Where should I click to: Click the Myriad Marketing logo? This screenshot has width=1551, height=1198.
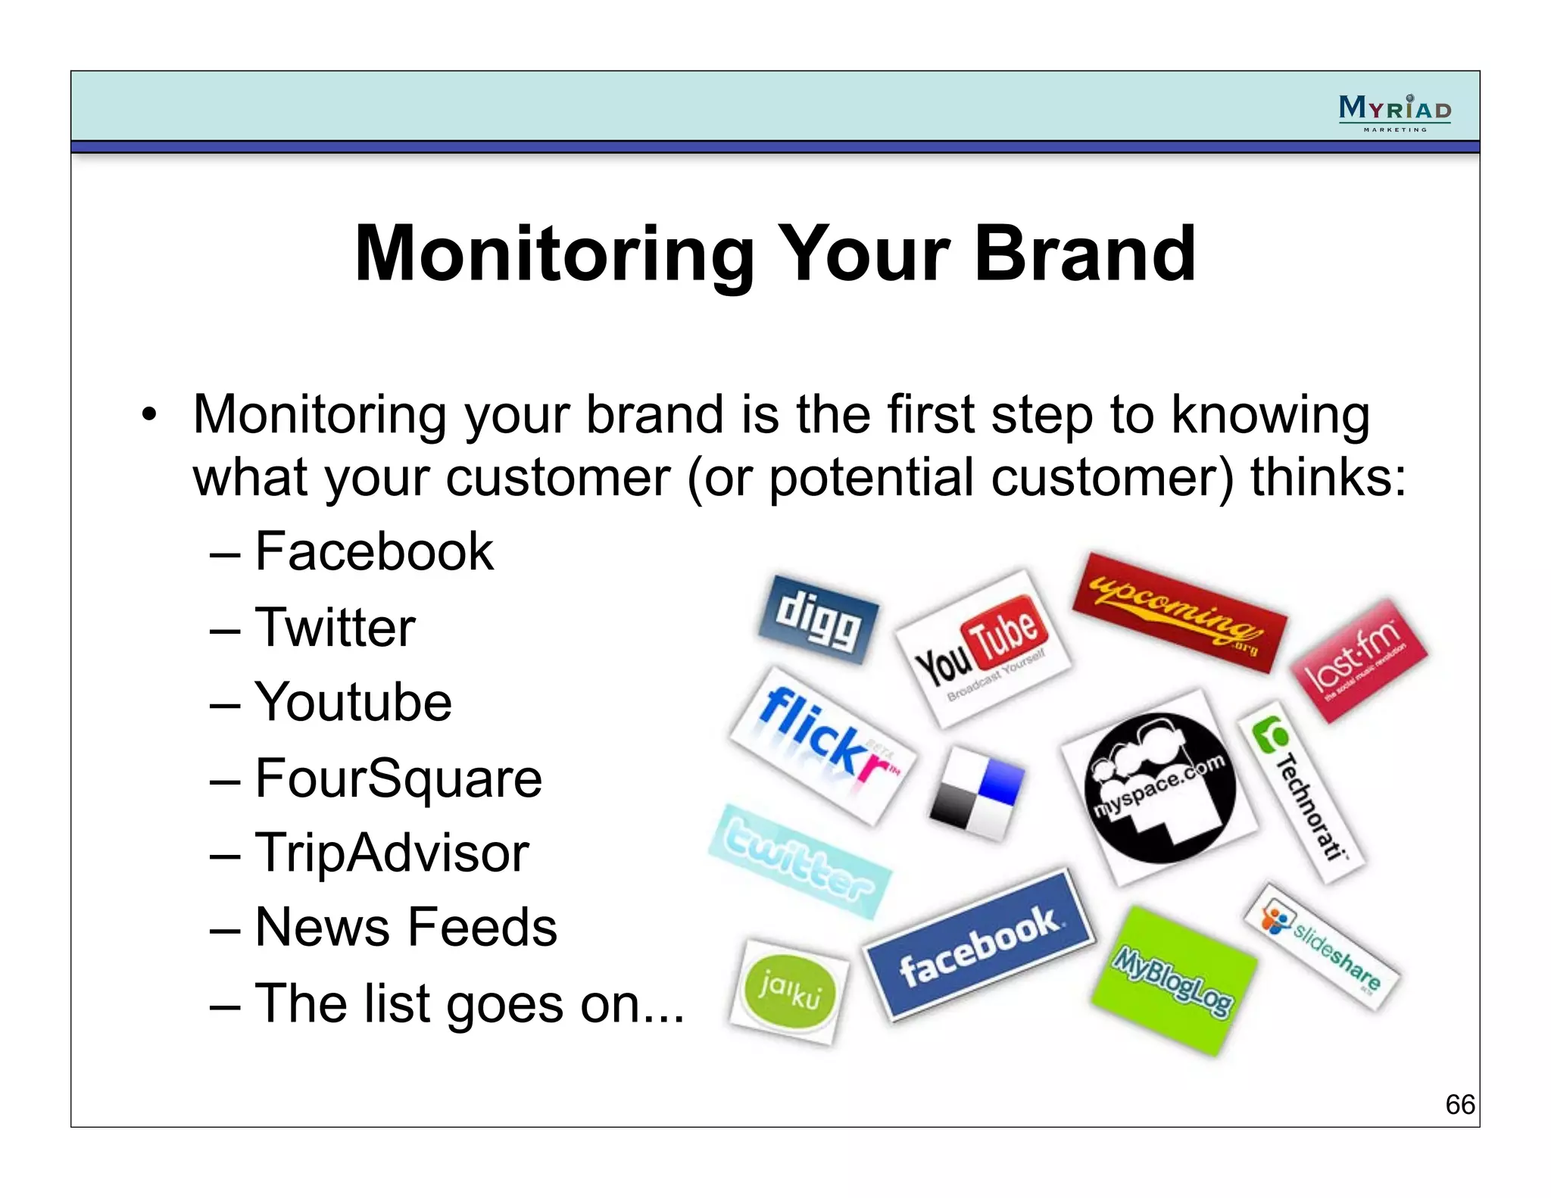(x=1394, y=112)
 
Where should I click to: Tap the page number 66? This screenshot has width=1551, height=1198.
(x=1459, y=1104)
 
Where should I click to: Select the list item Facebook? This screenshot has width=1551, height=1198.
(x=374, y=551)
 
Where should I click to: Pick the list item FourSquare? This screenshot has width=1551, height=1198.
(x=398, y=778)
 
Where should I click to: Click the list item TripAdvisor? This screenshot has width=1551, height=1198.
(x=392, y=853)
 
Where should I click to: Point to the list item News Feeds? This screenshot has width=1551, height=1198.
(x=406, y=927)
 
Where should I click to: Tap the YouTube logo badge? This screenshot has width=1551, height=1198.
(x=982, y=648)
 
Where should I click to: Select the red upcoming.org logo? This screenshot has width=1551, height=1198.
(x=1178, y=612)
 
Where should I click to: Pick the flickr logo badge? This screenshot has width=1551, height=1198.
(x=823, y=745)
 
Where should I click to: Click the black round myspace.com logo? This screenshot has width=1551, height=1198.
(x=1159, y=788)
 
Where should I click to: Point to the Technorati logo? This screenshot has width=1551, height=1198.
(x=1301, y=791)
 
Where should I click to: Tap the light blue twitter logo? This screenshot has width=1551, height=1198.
(x=800, y=862)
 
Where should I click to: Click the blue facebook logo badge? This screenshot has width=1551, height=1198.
(x=979, y=944)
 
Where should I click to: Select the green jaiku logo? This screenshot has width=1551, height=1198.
(x=789, y=991)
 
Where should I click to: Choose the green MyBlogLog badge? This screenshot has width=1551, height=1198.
(x=1173, y=982)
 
